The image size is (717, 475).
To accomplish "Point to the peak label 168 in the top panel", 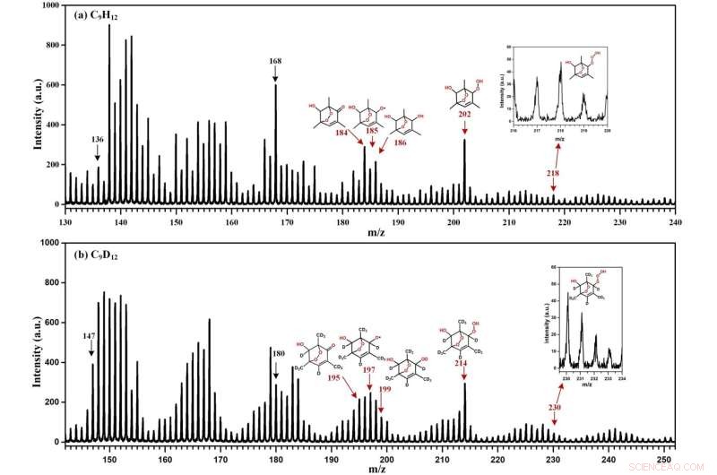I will tap(275, 62).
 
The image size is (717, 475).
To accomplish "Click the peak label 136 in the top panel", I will tap(98, 140).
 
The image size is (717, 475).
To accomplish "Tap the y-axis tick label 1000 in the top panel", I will tap(47, 6).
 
